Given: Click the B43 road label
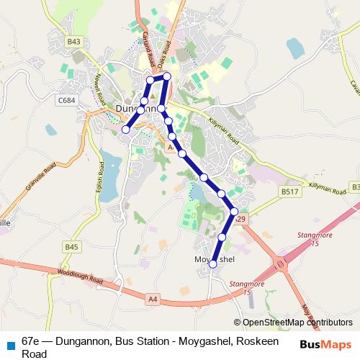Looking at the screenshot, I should [x=73, y=42].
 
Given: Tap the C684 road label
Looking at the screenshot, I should [x=68, y=100].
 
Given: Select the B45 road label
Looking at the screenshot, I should [x=71, y=247].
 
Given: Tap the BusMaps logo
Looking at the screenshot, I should [x=326, y=345].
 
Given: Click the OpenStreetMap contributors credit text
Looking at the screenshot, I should [x=297, y=323].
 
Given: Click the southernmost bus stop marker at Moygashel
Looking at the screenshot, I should [x=213, y=264].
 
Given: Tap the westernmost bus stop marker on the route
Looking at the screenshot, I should [x=125, y=130].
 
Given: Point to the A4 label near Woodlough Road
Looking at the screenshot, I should [x=152, y=297].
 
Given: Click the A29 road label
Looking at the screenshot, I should [x=240, y=219].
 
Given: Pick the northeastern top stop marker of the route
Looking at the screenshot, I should [x=167, y=76].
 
